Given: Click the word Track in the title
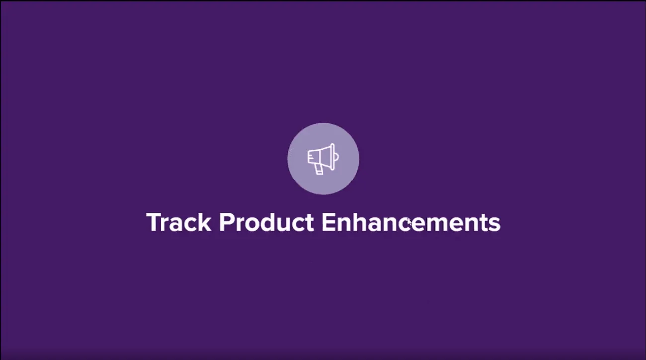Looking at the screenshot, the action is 178,222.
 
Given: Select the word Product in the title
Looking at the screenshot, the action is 266,222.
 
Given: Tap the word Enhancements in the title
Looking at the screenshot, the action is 411,222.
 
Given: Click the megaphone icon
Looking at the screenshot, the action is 323,159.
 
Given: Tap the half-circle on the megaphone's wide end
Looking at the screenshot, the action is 337,158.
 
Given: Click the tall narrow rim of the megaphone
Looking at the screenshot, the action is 333,157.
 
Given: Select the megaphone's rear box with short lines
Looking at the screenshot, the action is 310,158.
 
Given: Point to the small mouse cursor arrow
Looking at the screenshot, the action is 409,222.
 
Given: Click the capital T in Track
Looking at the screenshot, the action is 154,222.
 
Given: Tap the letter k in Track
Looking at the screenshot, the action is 204,222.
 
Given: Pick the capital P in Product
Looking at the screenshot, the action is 226,222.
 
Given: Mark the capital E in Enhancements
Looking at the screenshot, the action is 328,222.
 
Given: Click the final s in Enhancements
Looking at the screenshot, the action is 495,224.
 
